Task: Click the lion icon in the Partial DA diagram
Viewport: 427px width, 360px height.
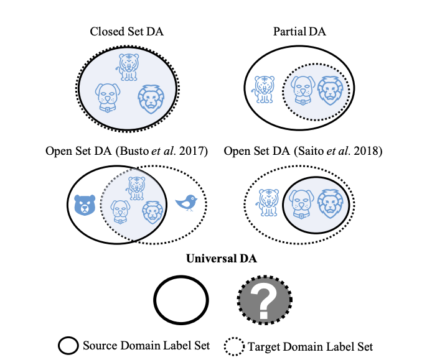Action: coord(329,91)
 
